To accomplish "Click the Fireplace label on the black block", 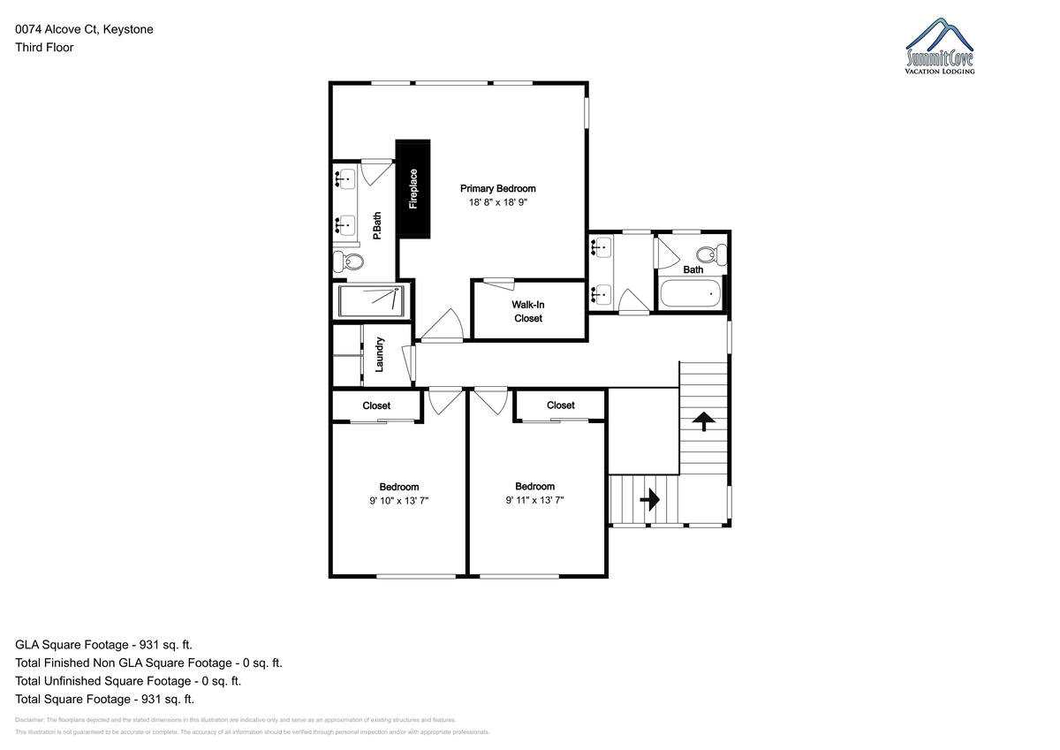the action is [x=413, y=189].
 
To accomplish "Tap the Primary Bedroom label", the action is [x=498, y=188].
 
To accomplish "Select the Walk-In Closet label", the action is [x=528, y=311].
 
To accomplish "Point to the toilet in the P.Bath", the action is [x=348, y=261].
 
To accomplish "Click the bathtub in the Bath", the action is [x=691, y=293].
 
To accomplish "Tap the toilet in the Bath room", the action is [x=712, y=254].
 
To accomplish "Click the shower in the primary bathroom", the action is [x=371, y=301].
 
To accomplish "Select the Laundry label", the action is [x=379, y=354].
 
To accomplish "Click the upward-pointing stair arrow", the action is [x=704, y=421].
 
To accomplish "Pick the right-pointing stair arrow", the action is [x=650, y=499].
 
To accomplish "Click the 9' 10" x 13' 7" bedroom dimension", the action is [x=399, y=501].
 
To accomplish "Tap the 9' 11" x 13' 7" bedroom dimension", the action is [x=534, y=500].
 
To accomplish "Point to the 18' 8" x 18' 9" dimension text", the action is [x=498, y=202].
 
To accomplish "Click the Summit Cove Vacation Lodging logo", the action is [x=940, y=46].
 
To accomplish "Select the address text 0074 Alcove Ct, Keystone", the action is [x=84, y=29].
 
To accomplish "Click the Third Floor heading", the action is [x=44, y=48].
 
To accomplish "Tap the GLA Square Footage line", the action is [x=103, y=645].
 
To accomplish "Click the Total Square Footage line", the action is [x=104, y=699].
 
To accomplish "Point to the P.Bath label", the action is [x=377, y=226].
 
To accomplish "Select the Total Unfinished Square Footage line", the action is [x=128, y=681].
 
